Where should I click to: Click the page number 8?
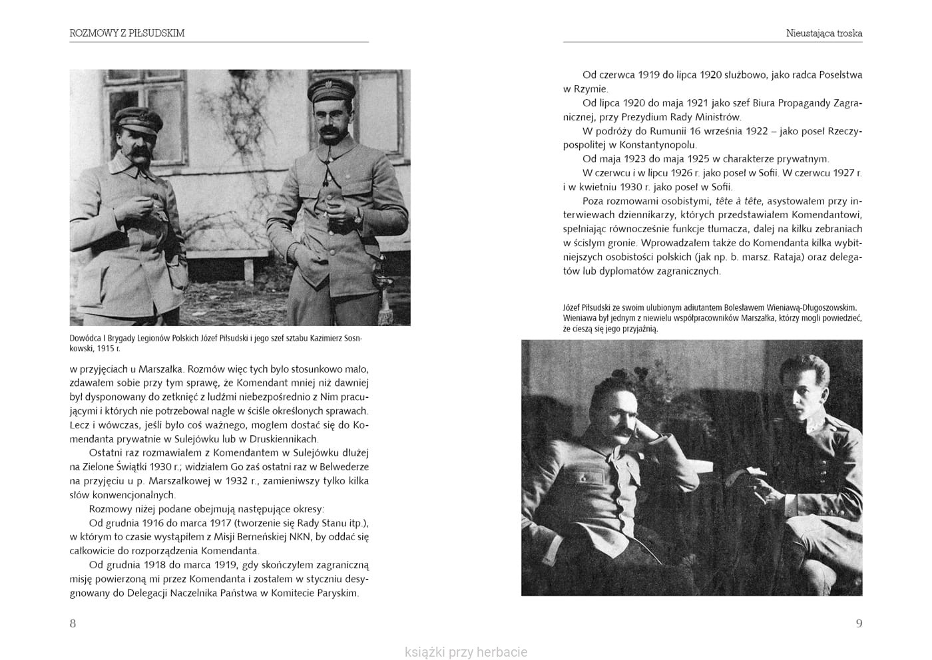tap(73, 623)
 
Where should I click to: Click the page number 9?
tap(859, 623)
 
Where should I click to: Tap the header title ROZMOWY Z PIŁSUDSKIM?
tap(127, 33)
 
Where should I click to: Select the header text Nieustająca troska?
tap(824, 33)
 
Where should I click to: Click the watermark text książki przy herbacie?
tap(466, 652)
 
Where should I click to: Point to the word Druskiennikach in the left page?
tap(286, 439)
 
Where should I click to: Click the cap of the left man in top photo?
tap(138, 120)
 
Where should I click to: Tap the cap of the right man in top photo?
tap(330, 88)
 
